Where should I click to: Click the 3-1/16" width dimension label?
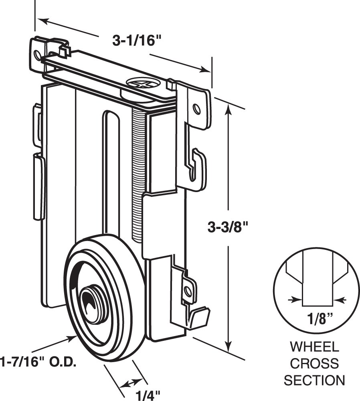click(x=133, y=41)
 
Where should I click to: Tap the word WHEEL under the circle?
click(x=314, y=347)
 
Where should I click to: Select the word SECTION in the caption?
click(x=314, y=380)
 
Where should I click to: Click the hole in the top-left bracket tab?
click(x=38, y=55)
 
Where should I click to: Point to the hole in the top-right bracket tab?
click(x=196, y=109)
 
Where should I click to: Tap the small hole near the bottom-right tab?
click(x=187, y=289)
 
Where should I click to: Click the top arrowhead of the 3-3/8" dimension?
click(x=229, y=108)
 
